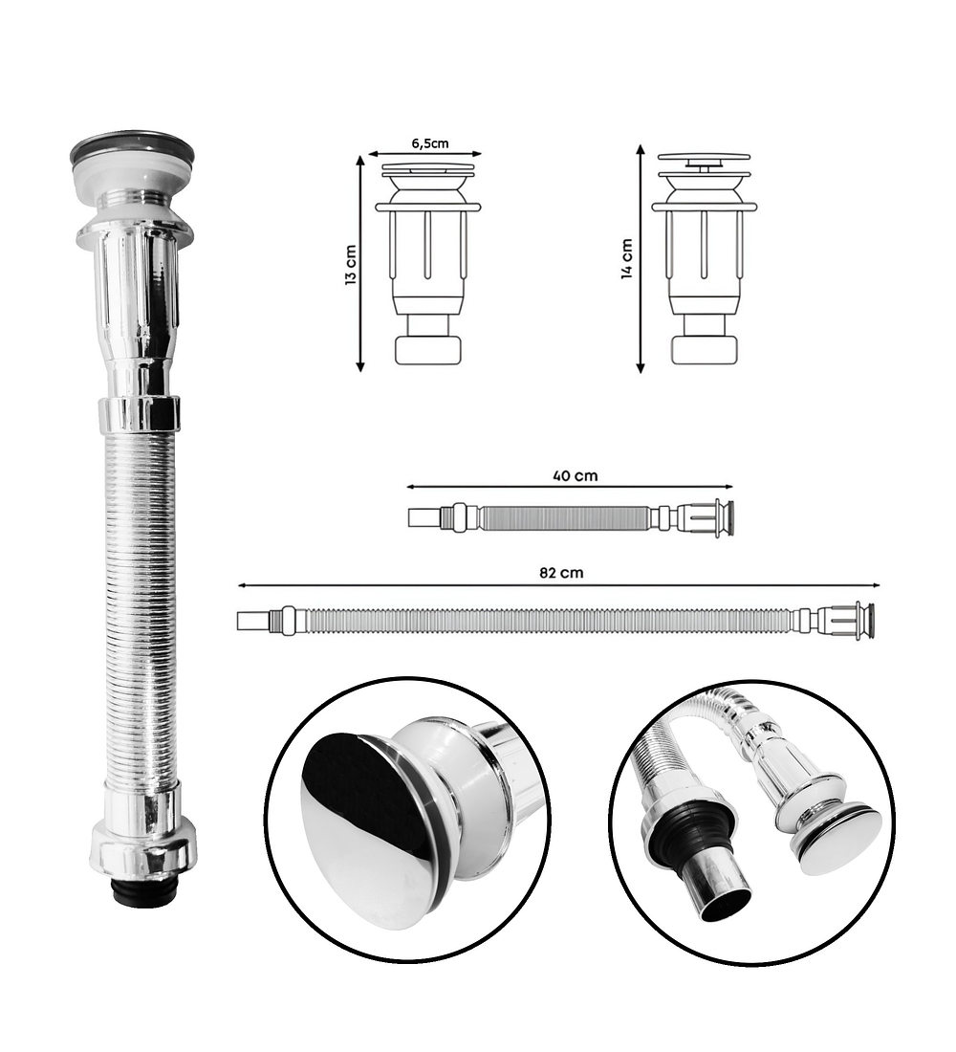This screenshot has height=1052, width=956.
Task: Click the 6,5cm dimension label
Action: tap(430, 142)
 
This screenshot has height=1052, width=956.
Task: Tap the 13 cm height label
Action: tap(351, 265)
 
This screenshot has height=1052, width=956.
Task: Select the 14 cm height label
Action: tap(627, 258)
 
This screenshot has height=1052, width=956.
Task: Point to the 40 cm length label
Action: tap(575, 475)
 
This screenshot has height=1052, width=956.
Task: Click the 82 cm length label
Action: tap(561, 572)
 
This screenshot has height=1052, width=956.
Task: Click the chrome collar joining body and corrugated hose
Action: tap(140, 414)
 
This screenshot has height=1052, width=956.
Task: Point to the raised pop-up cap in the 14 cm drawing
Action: tap(704, 159)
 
